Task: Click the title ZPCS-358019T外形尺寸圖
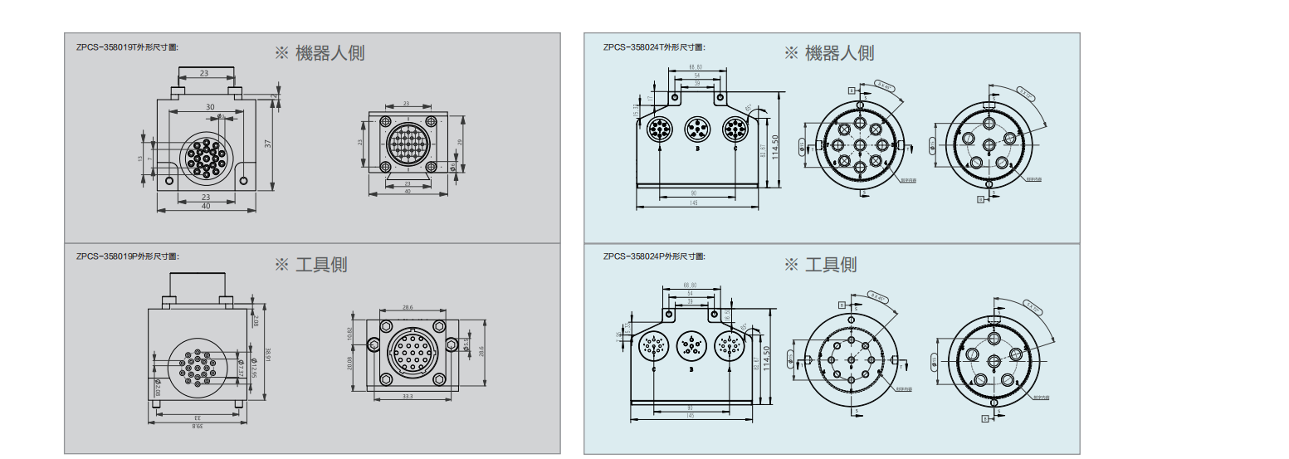pos(127,47)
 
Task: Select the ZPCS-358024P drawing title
pos(654,256)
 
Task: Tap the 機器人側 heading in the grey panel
pos(320,53)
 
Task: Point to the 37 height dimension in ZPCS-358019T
pos(267,144)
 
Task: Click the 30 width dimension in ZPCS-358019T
pos(210,107)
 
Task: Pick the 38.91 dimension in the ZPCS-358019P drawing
pos(267,354)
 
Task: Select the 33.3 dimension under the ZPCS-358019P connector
pos(407,397)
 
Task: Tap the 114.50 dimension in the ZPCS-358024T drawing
pos(774,149)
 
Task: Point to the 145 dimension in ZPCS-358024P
pos(691,415)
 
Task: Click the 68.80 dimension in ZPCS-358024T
pos(695,67)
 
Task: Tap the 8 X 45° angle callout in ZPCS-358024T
pos(886,85)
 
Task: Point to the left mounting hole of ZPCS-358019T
pos(171,180)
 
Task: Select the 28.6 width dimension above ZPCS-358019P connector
pos(407,307)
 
